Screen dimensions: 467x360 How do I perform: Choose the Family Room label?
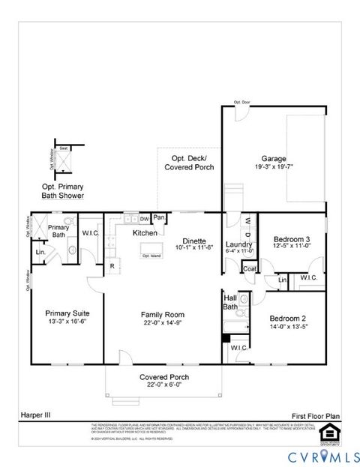(163, 314)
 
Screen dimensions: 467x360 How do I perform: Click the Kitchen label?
(144, 233)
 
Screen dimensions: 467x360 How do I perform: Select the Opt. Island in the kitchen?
(151, 256)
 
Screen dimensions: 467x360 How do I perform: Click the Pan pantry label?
(159, 218)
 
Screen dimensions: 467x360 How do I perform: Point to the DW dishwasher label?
(144, 219)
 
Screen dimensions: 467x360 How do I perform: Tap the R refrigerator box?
(112, 265)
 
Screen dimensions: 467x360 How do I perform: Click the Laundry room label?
(238, 244)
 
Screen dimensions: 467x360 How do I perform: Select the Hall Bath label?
(232, 301)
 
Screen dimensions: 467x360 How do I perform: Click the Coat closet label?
(250, 268)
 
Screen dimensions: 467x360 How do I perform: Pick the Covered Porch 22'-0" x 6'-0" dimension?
(164, 385)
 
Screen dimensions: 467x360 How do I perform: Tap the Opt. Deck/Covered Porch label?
(189, 163)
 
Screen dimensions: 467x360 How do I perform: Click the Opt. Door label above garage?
(241, 102)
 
